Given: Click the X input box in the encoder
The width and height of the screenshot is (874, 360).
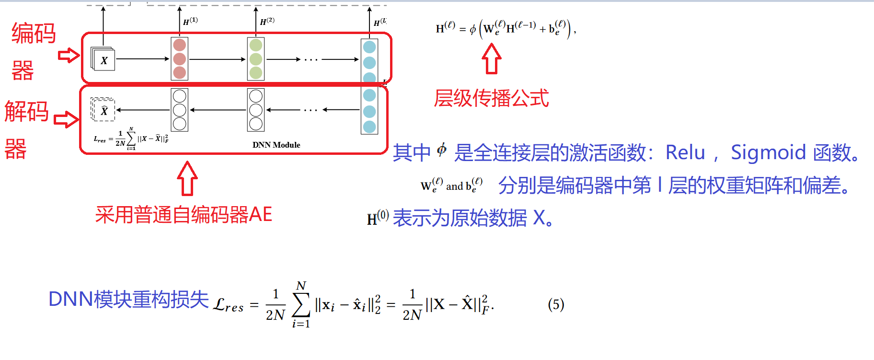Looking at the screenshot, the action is coord(103,60).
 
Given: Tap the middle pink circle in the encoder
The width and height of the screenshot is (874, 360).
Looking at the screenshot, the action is coord(180,59).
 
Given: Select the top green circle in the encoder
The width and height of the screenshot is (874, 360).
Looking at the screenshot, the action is coord(256,45).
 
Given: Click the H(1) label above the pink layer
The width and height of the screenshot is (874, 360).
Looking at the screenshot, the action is coord(190,21).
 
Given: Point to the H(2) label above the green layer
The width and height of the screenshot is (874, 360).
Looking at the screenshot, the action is coord(267,21).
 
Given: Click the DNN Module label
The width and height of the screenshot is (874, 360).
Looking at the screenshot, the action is coord(276,145).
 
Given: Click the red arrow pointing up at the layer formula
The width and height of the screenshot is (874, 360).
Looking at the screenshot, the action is coord(491,58).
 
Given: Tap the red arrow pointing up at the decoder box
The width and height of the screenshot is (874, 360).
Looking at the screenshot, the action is coord(187,178).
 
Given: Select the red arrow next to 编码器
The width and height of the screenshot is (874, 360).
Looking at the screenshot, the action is coord(69,55).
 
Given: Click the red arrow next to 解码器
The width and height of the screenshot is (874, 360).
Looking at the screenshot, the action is coord(66,119).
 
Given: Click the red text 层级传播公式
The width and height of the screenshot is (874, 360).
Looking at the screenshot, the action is coord(491,98).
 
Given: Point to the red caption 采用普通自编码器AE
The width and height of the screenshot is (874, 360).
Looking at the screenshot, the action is coord(184,214).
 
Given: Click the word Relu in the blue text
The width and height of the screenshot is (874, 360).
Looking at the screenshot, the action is coord(685,152).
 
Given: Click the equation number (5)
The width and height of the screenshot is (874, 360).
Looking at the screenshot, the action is coord(556,304).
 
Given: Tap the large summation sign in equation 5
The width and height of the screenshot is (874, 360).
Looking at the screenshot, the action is coord(301,304).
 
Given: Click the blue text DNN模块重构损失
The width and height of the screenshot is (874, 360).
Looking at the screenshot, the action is coord(128,299).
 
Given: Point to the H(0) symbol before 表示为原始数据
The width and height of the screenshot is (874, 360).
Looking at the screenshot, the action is coord(378,218).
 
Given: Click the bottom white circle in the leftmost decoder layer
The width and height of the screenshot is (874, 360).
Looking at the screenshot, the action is coord(180,124).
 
